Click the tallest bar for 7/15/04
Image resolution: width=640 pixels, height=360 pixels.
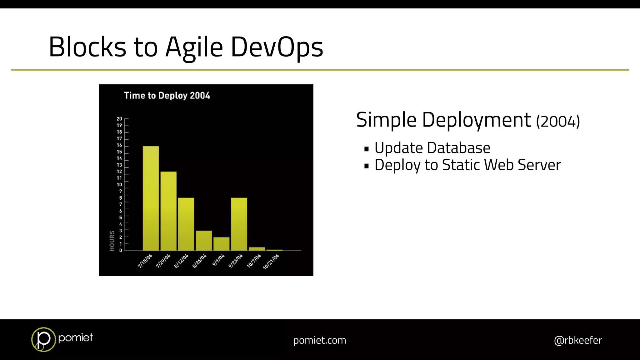[x=151, y=198]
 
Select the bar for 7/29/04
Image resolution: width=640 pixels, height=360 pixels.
[x=168, y=211]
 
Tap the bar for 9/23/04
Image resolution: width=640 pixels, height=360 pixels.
[x=239, y=224]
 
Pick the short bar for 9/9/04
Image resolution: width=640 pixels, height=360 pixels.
[x=221, y=244]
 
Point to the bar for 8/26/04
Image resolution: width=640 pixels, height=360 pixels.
[x=204, y=240]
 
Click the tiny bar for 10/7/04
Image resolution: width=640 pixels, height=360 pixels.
[x=257, y=249]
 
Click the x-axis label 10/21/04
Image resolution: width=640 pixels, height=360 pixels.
[x=271, y=262]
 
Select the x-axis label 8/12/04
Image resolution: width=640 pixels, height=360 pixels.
[x=182, y=261]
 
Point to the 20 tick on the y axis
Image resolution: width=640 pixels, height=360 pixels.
[x=119, y=119]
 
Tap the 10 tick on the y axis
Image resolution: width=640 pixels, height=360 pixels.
[x=119, y=185]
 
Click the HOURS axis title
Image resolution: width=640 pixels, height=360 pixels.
[x=112, y=241]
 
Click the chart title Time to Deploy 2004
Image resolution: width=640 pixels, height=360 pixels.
[x=167, y=96]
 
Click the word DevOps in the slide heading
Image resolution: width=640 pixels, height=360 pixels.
[x=277, y=47]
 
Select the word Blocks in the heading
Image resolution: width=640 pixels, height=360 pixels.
[x=87, y=47]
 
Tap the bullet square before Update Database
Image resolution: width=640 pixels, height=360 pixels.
[x=367, y=149]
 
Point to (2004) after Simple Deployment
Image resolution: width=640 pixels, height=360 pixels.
[x=558, y=121]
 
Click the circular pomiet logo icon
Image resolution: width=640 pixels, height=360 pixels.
[x=43, y=339]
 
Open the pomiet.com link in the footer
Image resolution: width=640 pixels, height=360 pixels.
[x=319, y=340]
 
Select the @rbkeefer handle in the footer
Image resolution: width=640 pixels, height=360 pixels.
[x=577, y=340]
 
